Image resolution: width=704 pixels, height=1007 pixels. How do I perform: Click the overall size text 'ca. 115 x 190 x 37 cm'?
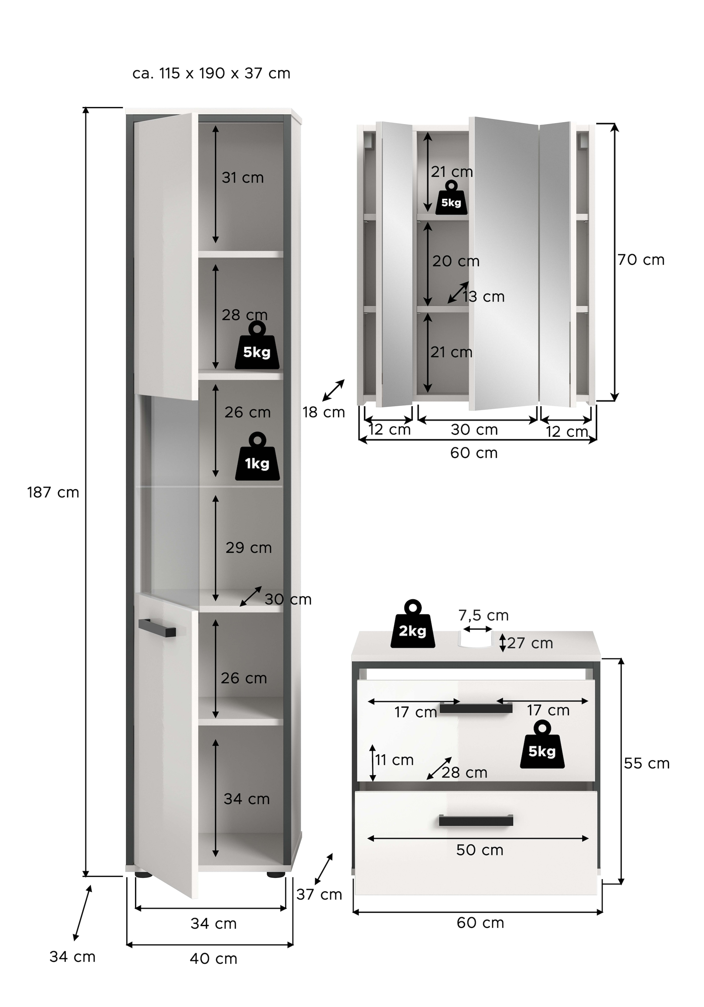[x=211, y=73]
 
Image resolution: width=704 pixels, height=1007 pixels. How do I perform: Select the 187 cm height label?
[x=53, y=492]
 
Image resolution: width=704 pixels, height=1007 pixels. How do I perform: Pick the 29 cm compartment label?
[x=249, y=548]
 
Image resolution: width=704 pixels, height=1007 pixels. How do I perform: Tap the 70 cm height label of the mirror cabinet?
[x=641, y=260]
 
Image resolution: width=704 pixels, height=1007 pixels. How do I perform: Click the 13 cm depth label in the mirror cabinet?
[x=483, y=297]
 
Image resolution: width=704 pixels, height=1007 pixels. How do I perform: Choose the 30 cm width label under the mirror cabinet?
[x=474, y=430]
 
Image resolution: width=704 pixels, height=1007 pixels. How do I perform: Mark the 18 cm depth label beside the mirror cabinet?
[x=324, y=412]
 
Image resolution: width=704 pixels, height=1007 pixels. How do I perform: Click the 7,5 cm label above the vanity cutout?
[x=483, y=615]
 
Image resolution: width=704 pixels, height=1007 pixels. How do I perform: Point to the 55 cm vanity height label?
[x=646, y=763]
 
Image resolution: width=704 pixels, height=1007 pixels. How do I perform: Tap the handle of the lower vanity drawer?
[x=476, y=820]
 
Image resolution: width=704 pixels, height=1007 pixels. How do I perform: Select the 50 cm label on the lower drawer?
[x=479, y=850]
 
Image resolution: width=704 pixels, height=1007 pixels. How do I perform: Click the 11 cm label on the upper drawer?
[x=394, y=760]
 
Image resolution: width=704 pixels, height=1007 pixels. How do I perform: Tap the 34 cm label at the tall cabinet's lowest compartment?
[x=246, y=799]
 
